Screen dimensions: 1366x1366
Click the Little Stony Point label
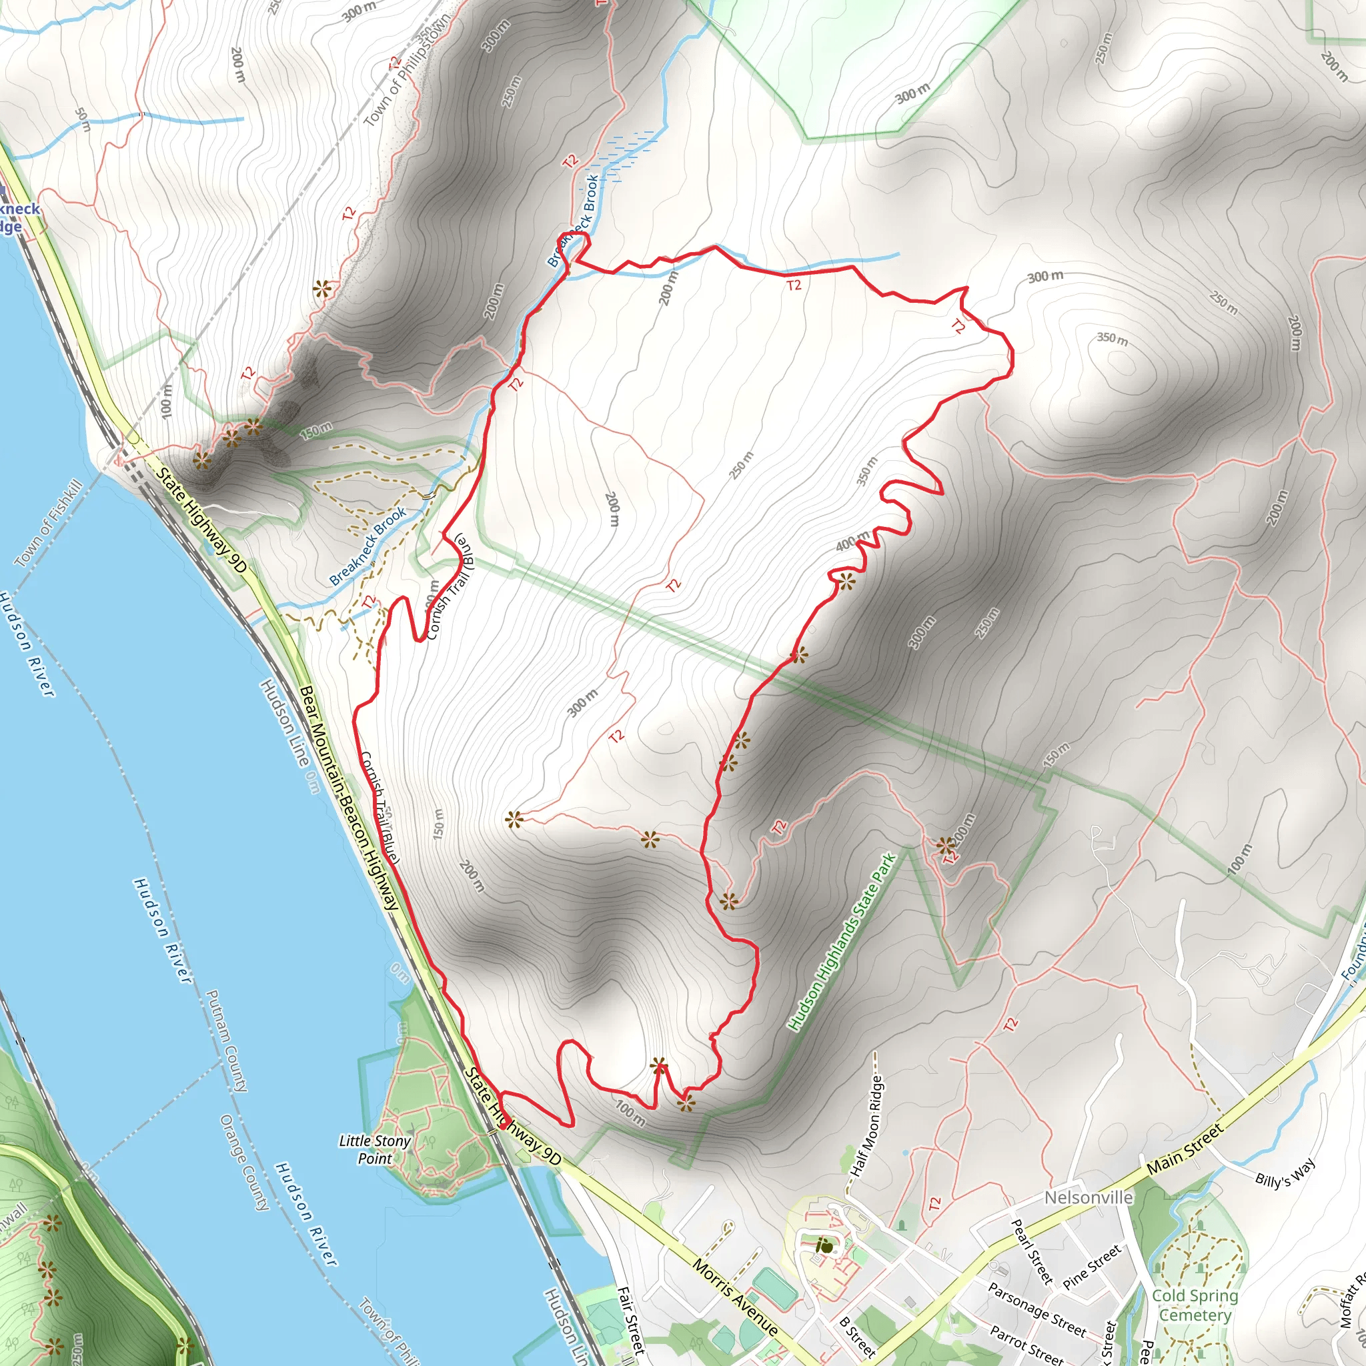tap(375, 1150)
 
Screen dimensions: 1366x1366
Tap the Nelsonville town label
tap(1088, 1198)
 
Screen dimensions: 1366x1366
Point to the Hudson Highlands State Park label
tap(841, 942)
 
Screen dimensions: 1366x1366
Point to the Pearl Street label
tap(1033, 1251)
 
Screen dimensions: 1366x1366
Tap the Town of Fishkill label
tap(48, 522)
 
